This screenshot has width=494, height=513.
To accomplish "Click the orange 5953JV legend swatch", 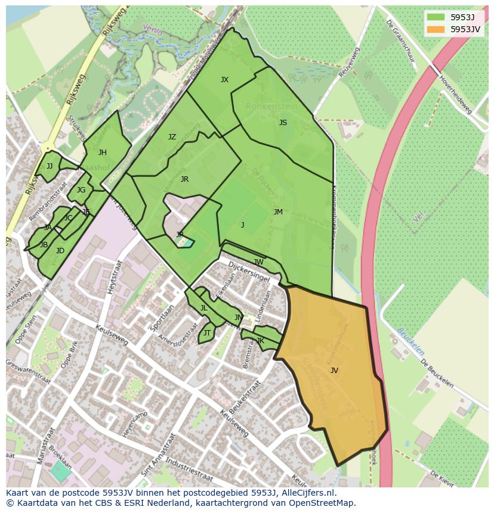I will pyautogui.click(x=436, y=29).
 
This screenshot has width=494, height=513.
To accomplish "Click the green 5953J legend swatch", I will pyautogui.click(x=436, y=17).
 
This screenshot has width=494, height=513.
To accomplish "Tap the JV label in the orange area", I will pyautogui.click(x=334, y=371).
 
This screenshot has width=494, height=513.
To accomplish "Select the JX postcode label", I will pyautogui.click(x=224, y=80).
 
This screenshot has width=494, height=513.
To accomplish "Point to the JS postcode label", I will pyautogui.click(x=283, y=123).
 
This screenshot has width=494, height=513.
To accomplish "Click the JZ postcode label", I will pyautogui.click(x=172, y=137).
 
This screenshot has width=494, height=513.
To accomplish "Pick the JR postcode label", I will pyautogui.click(x=184, y=179).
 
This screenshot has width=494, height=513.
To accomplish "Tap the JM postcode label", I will pyautogui.click(x=278, y=212).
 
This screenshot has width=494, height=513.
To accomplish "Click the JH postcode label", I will pyautogui.click(x=103, y=153).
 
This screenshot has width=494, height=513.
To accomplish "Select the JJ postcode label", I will pyautogui.click(x=50, y=166).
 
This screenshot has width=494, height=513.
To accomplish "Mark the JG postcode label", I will pyautogui.click(x=81, y=190).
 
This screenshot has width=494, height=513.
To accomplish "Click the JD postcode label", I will pyautogui.click(x=60, y=251).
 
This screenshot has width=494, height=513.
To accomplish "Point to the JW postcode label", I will pyautogui.click(x=258, y=262).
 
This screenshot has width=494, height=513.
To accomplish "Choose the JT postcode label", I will pyautogui.click(x=207, y=333).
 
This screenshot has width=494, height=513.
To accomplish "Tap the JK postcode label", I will pyautogui.click(x=260, y=341).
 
